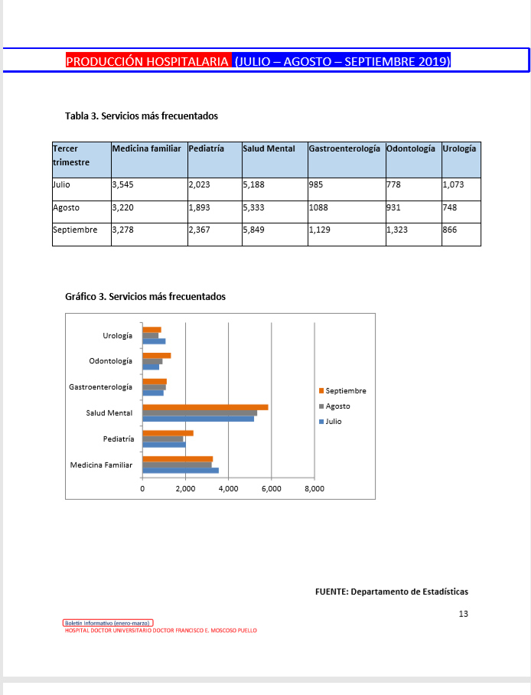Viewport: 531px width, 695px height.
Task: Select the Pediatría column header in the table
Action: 207,148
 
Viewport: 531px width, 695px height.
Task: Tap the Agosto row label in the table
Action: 67,207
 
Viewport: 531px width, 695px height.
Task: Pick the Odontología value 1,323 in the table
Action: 398,230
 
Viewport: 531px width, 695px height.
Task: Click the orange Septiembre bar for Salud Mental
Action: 205,407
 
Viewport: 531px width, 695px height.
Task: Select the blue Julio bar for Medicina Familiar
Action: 181,471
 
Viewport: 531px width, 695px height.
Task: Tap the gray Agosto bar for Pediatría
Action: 163,439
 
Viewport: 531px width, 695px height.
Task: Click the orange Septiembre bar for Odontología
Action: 157,355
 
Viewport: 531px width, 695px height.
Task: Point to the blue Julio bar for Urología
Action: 154,341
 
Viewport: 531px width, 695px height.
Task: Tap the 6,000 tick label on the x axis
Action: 272,488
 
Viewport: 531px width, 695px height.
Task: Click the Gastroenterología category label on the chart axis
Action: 100,387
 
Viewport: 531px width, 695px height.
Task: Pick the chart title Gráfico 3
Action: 145,296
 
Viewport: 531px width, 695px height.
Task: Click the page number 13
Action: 463,614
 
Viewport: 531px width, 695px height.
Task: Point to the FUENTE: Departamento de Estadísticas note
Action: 391,592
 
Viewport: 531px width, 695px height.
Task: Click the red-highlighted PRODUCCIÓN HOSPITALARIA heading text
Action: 148,61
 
